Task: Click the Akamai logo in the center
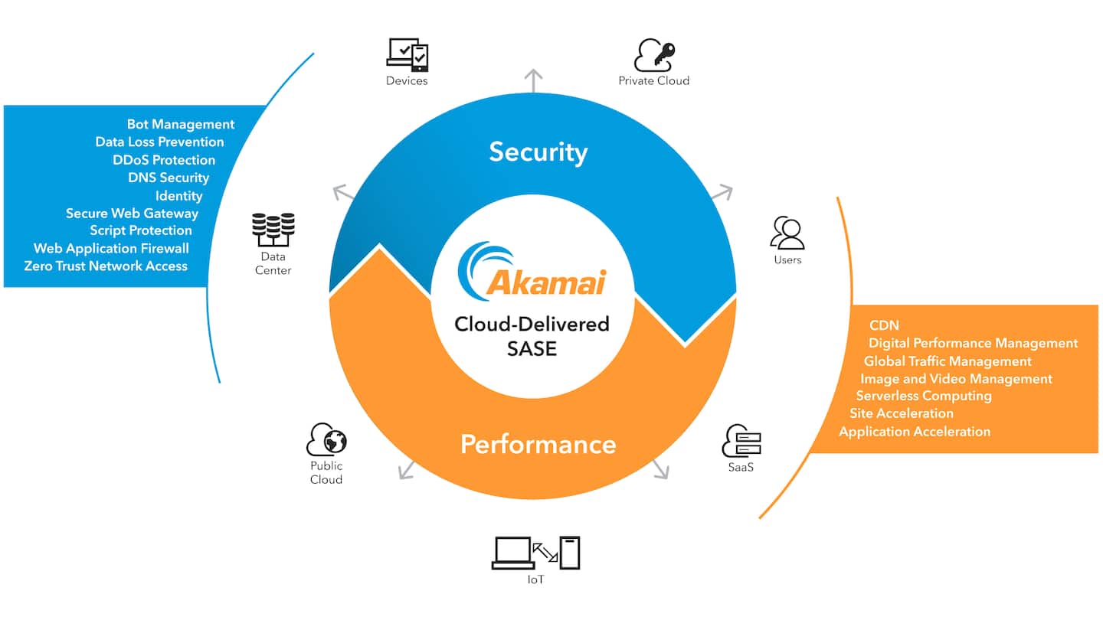[532, 272]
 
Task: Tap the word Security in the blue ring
[538, 152]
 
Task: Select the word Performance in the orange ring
[538, 444]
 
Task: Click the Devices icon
[407, 55]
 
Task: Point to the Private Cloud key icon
[654, 55]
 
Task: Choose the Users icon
[787, 233]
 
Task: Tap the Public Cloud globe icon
[326, 440]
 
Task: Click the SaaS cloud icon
[741, 441]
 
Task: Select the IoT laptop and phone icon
[535, 553]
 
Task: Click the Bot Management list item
[181, 124]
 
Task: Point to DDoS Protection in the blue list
[164, 160]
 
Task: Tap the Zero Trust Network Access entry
[106, 266]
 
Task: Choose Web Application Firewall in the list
[111, 248]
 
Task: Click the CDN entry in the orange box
[884, 325]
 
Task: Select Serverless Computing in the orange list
[924, 396]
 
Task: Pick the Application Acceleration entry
[915, 432]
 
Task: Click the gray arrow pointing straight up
[533, 79]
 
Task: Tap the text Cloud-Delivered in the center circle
[532, 324]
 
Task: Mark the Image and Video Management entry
[956, 379]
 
